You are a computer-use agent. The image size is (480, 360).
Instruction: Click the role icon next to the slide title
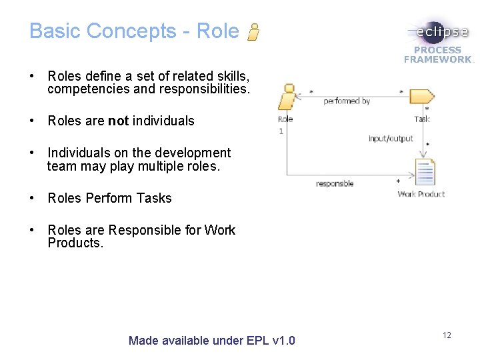click(x=253, y=31)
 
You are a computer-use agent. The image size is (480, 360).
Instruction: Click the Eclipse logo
click(x=437, y=31)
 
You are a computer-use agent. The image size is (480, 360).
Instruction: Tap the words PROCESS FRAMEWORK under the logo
click(x=437, y=55)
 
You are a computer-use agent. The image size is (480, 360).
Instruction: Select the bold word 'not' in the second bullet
click(x=118, y=121)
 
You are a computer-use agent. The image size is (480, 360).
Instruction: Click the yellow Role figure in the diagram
click(x=287, y=97)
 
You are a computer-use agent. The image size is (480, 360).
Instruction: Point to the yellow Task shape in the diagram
click(x=421, y=96)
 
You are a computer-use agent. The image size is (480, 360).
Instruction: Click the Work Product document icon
click(x=424, y=172)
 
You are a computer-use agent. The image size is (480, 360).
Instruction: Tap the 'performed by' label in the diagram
click(x=347, y=101)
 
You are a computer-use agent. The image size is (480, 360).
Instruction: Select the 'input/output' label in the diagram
click(x=391, y=139)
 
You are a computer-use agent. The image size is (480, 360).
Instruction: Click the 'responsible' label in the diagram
click(x=335, y=183)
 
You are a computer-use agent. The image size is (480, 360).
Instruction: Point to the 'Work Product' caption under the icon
click(x=421, y=194)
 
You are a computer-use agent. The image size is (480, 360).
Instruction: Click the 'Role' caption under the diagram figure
click(x=285, y=119)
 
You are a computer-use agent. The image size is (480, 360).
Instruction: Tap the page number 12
click(x=447, y=335)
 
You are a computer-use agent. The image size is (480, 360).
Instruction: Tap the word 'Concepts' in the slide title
click(x=131, y=31)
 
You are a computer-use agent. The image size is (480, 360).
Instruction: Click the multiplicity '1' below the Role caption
click(x=281, y=131)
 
